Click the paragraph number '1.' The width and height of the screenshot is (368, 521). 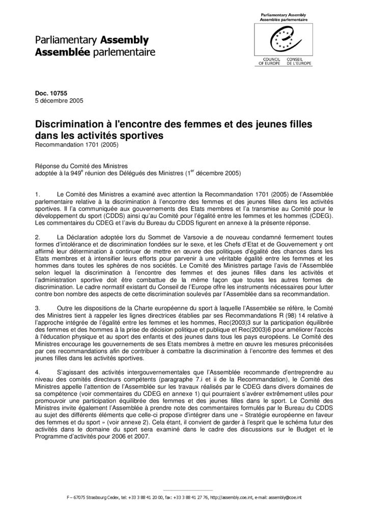tap(38, 194)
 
